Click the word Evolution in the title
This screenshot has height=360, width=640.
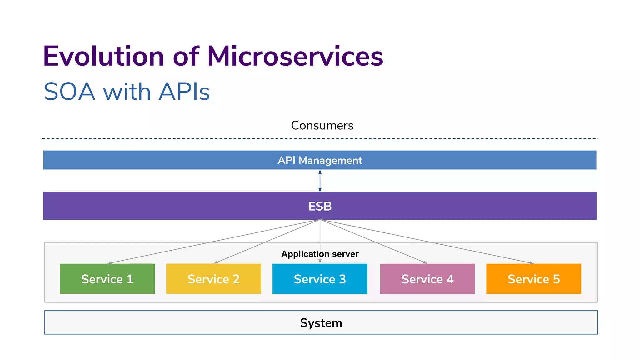tap(103, 57)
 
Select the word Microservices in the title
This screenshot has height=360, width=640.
tap(295, 57)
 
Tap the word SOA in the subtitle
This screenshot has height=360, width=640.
tap(69, 92)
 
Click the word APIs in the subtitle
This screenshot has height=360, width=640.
tap(184, 92)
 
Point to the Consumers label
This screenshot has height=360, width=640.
tap(322, 125)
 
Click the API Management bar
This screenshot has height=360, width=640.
tap(320, 160)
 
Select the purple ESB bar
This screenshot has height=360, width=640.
tap(320, 206)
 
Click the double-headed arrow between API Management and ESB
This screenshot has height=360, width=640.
tap(320, 181)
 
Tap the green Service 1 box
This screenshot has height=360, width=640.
tap(107, 279)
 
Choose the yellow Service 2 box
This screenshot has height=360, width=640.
tap(213, 279)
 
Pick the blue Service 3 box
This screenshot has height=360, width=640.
tap(320, 279)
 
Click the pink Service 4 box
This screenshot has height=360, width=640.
tap(427, 279)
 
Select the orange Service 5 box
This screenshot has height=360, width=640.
tap(533, 279)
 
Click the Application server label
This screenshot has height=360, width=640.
tap(320, 254)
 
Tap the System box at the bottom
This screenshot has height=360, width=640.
tap(321, 322)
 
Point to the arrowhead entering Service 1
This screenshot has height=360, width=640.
tap(110, 263)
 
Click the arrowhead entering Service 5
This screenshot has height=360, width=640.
tap(531, 263)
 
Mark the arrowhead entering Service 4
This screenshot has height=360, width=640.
tap(425, 262)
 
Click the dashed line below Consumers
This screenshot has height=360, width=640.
tap(187, 138)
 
